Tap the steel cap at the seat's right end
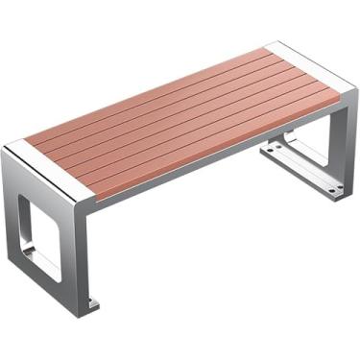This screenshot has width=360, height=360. click(x=310, y=60)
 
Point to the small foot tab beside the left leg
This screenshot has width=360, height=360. click(x=92, y=306)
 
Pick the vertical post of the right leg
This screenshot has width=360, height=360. click(x=338, y=144)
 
